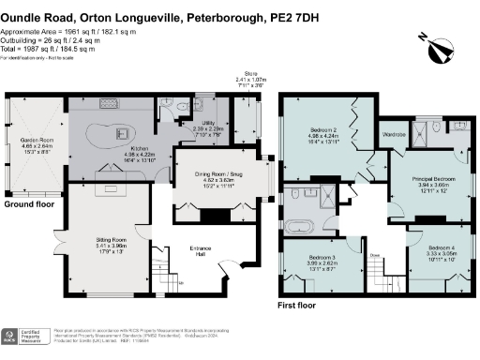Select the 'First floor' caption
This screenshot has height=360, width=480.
300,306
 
